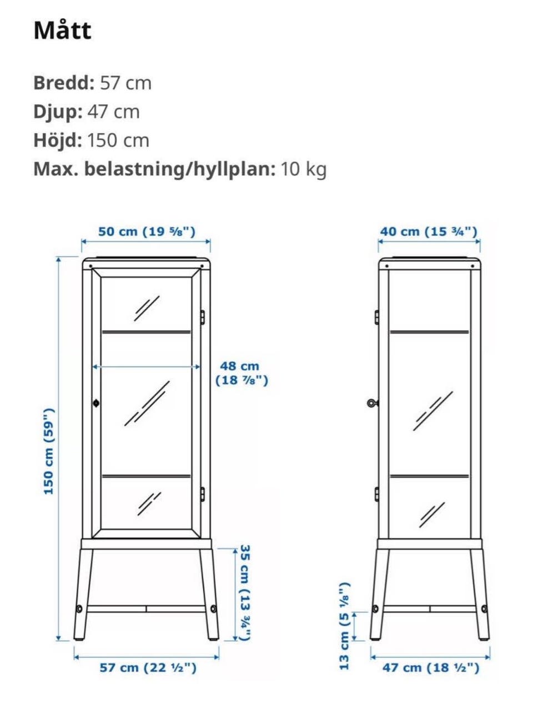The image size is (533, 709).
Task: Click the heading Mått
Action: point(62,31)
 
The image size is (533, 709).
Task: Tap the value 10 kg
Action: point(303,169)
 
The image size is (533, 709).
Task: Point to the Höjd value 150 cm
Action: point(118,140)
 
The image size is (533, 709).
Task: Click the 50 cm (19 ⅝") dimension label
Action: point(147,232)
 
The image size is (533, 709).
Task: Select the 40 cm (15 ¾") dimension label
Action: point(428,232)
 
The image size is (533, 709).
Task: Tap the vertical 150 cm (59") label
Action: point(49,451)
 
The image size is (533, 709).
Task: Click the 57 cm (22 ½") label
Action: point(148,668)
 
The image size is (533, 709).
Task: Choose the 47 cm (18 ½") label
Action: point(431,668)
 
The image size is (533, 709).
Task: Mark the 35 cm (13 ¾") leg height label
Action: point(245,593)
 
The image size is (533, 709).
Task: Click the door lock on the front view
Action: point(96,404)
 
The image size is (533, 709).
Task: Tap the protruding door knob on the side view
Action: point(373,403)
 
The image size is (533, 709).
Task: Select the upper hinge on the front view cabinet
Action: point(202,317)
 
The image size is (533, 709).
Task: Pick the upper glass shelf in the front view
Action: point(147,331)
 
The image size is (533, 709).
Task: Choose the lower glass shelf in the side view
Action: point(429,476)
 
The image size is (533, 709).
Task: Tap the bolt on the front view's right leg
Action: point(214,609)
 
